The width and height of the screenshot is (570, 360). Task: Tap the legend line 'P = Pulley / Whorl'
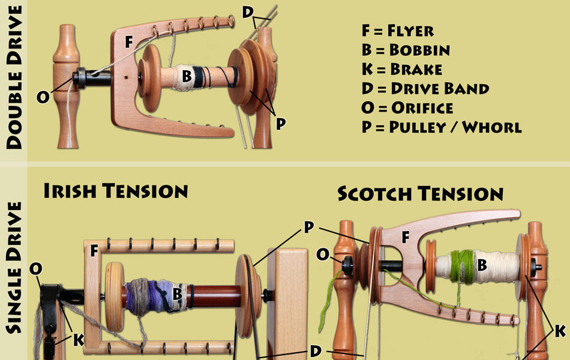coord(441,127)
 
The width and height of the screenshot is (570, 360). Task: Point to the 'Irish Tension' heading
coord(115,191)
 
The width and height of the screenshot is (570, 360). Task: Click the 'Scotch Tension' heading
coord(420,194)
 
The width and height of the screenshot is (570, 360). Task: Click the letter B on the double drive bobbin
coord(187,76)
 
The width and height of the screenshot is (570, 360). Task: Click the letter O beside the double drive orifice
coord(43,96)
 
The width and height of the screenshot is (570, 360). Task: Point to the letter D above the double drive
coord(248,11)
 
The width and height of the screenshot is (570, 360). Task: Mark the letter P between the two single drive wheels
coord(309,227)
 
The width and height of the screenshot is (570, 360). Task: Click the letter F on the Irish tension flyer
coord(94,250)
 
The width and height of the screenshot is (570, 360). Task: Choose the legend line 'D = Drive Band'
coord(425,88)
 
